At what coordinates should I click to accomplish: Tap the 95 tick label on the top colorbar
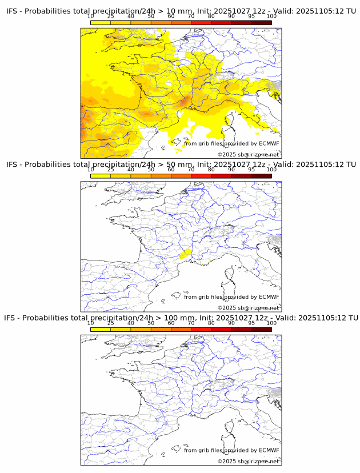(x=251, y=16)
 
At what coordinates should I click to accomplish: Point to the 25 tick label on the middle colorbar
(x=111, y=170)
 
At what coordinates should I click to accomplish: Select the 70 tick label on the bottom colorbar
(x=191, y=323)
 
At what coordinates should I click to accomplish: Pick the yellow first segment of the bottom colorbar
(x=101, y=329)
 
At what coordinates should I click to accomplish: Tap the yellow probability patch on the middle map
(x=185, y=253)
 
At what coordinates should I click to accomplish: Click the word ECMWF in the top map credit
(x=269, y=143)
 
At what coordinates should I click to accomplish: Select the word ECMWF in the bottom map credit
(x=269, y=450)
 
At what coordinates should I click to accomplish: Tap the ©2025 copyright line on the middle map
(x=248, y=307)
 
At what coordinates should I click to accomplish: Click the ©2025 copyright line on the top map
(x=248, y=154)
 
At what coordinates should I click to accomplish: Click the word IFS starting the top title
(x=12, y=11)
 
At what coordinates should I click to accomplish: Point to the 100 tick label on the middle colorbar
(x=271, y=170)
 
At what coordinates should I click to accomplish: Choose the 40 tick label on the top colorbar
(x=131, y=16)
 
